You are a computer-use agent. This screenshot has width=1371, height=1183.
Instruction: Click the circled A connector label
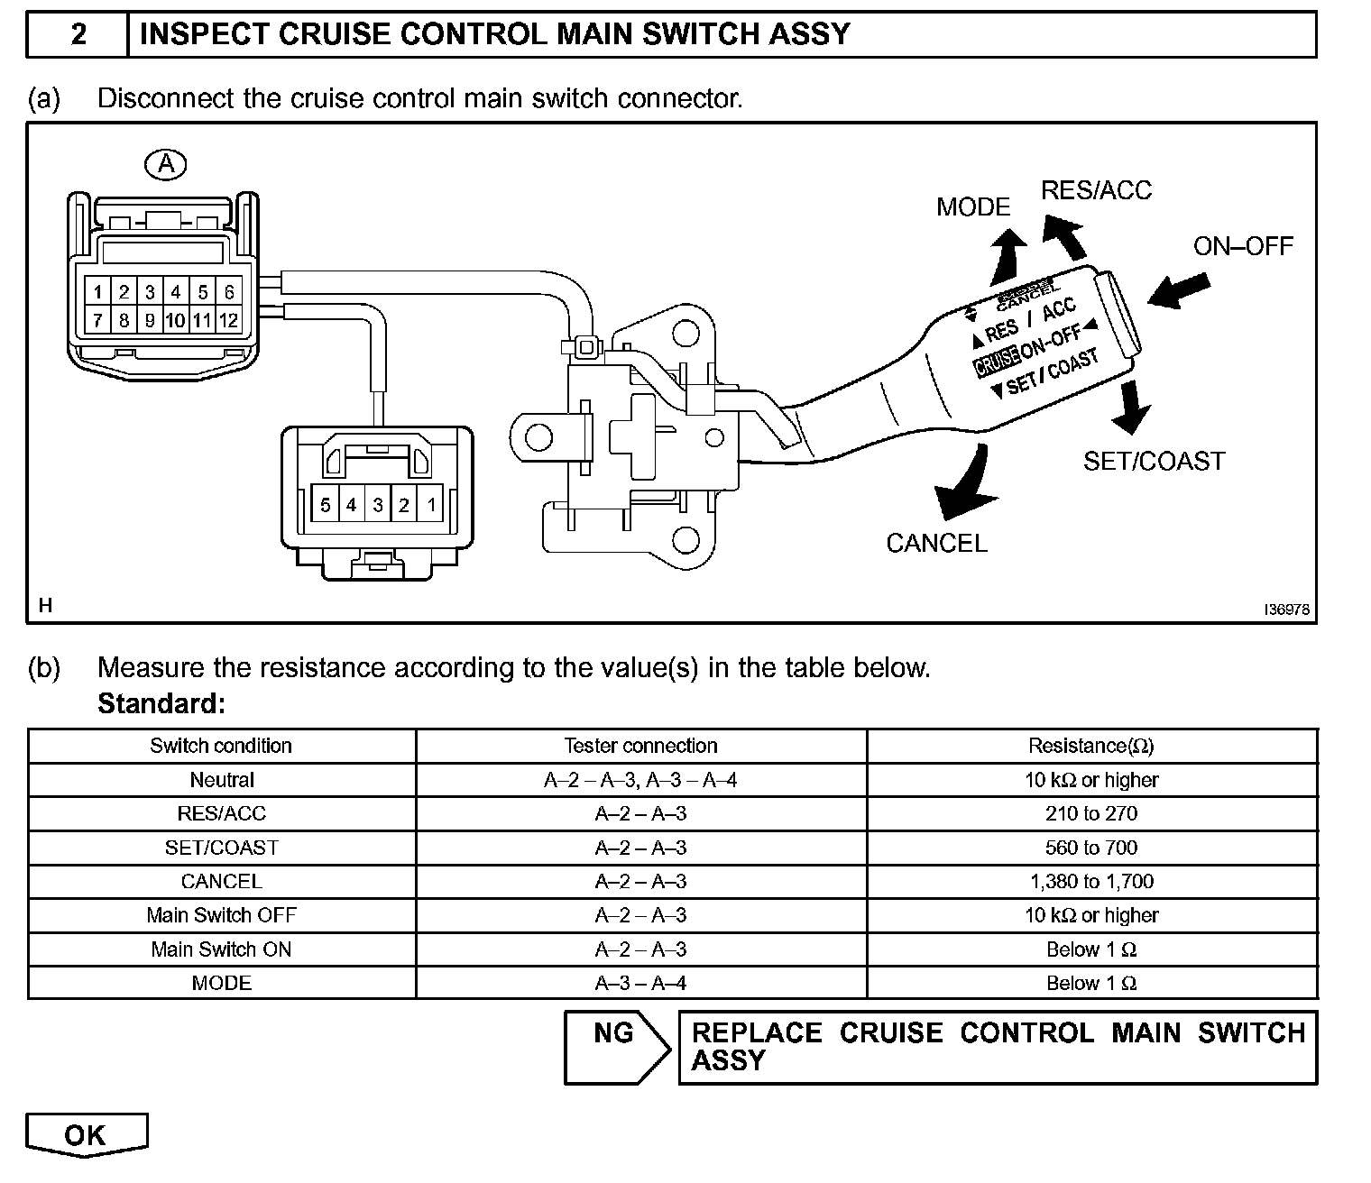point(166,164)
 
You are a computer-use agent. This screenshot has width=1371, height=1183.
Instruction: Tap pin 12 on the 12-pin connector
point(228,320)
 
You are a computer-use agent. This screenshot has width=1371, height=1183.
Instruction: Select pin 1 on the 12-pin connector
point(97,292)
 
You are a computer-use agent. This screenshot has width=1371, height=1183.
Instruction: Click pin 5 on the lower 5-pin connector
point(325,505)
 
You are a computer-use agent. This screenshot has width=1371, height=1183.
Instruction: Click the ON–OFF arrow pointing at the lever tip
point(1179,291)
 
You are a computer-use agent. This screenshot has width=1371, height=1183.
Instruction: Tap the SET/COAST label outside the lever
point(1154,461)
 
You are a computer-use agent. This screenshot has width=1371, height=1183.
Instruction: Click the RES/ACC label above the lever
point(1096,190)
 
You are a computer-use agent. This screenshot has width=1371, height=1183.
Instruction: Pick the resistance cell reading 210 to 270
point(1091,813)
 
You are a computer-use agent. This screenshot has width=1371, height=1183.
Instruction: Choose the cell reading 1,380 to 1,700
point(1091,881)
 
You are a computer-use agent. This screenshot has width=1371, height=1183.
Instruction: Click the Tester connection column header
point(640,746)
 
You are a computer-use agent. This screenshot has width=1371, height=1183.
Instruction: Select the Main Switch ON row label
point(221,949)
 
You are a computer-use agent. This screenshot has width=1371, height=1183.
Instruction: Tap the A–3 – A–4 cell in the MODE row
point(640,983)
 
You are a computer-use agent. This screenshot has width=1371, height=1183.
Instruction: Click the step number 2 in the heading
point(78,34)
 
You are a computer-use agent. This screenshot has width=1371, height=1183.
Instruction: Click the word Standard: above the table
point(161,702)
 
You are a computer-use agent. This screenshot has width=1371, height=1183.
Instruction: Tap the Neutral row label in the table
point(221,780)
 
